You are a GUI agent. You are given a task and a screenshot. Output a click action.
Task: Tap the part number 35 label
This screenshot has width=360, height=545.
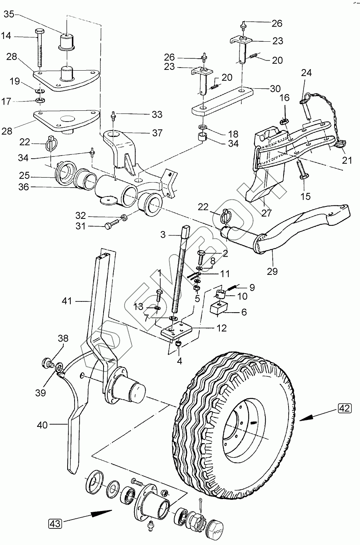pos(8,15)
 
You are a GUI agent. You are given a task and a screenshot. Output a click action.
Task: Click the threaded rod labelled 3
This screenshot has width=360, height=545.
pos(181,270)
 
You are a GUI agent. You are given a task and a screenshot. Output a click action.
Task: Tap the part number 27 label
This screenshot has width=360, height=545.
pos(267,212)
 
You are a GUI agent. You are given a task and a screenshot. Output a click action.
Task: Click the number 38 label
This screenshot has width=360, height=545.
pos(63,339)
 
